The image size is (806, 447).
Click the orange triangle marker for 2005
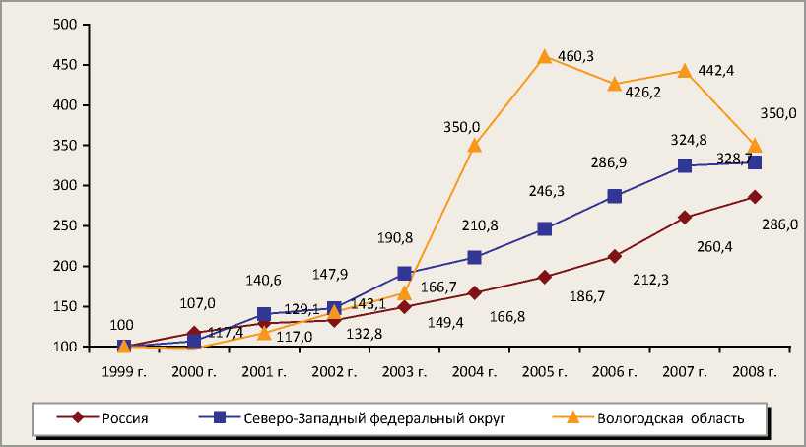[544, 57]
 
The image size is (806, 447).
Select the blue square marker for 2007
[684, 165]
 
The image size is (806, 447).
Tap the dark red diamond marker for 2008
[755, 197]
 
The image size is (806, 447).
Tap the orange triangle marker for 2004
[474, 145]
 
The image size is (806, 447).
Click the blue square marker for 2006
[614, 196]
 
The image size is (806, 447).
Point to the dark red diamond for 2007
[684, 218]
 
